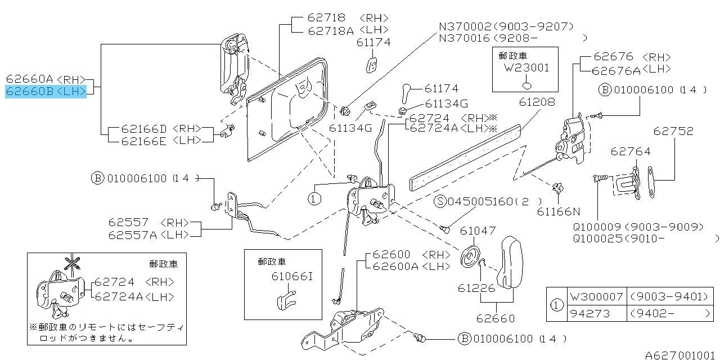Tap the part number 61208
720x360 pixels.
pos(537,102)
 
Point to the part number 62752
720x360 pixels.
pos(673,131)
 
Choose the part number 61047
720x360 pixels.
pos(478,230)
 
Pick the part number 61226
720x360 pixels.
pos(476,288)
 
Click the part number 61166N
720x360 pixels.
pos(558,211)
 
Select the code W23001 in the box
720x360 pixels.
pos(526,68)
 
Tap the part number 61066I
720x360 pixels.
pos(291,276)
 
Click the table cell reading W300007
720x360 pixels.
pos(596,296)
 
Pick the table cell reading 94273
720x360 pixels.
pos(590,313)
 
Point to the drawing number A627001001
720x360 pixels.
pos(681,355)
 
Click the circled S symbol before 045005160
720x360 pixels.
pos(441,201)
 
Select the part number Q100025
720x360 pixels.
pos(597,238)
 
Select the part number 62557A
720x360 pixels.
pos(133,235)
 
